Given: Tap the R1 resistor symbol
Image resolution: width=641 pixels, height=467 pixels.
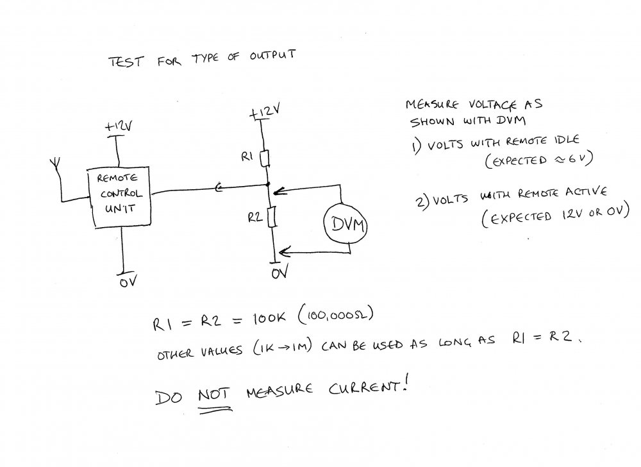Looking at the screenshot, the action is coord(265,158).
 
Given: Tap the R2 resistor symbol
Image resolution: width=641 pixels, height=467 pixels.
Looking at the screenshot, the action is coord(272,217).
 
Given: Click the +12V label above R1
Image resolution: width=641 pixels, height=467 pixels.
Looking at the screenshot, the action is coord(265,111).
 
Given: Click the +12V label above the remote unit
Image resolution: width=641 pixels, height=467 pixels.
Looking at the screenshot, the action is coord(118,126).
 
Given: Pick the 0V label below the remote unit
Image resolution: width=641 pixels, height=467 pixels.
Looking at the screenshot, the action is coord(128,281).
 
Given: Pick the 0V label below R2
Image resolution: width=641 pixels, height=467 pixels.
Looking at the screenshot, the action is coord(280,271).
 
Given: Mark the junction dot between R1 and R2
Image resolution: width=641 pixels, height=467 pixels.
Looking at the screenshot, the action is coord(268,185).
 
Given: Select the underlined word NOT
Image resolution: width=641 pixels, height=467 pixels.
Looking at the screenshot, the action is coord(214,395).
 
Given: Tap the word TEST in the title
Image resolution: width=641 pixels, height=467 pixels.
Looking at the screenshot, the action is coord(126,62).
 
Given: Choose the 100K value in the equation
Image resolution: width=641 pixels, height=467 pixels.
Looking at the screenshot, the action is coord(269,318).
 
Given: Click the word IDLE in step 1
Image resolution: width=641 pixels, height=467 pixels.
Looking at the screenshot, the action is coord(567,140).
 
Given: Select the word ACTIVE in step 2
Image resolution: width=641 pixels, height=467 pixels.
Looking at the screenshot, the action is coord(587,191).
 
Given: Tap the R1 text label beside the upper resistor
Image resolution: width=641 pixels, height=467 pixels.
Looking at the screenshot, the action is coord(247,157).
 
